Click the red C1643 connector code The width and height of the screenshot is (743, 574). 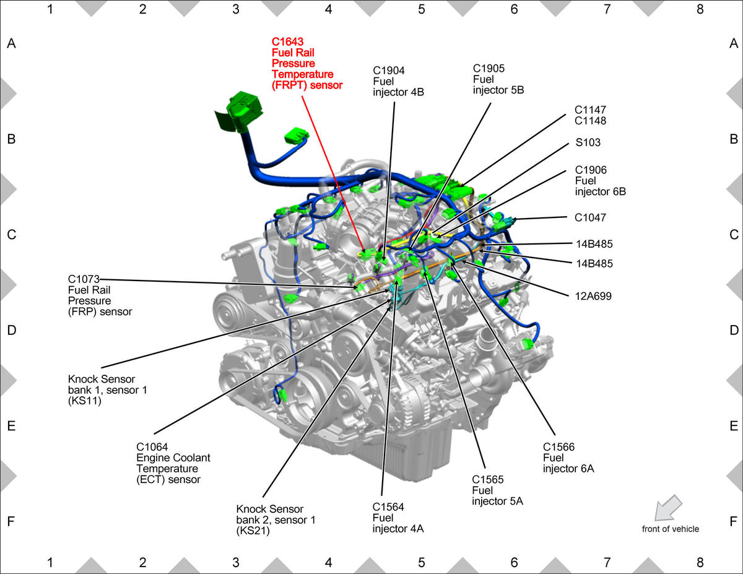[x=287, y=41]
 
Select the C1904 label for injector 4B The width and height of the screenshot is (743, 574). [x=388, y=71]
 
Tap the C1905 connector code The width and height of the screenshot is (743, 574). [x=489, y=68]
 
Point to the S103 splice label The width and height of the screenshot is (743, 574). [x=588, y=142]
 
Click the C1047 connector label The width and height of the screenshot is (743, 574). [x=590, y=217]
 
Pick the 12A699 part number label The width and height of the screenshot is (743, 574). [x=593, y=296]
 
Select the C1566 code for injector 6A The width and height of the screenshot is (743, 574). [x=558, y=447]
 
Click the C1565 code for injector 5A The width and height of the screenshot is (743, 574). [x=487, y=479]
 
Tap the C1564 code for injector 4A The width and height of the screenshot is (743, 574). [x=388, y=507]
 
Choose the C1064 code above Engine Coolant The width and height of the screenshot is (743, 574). [x=152, y=447]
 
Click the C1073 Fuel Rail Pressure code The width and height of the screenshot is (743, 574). [x=84, y=279]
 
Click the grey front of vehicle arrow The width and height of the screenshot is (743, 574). [x=667, y=508]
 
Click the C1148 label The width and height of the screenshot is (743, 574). [x=590, y=121]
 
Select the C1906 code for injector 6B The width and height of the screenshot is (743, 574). [x=591, y=170]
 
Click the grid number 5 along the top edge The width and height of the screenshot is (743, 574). [x=421, y=9]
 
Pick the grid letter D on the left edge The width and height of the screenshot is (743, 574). [x=12, y=330]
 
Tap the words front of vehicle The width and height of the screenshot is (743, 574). [x=670, y=529]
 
